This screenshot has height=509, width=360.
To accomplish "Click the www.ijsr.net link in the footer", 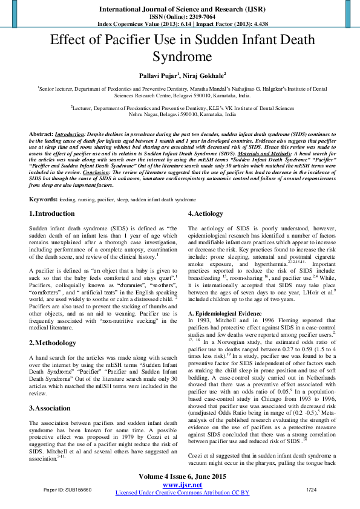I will coord(182,484).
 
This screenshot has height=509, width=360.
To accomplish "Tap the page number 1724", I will coord(312,489).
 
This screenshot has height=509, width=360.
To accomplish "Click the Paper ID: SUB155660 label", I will coord(67,489).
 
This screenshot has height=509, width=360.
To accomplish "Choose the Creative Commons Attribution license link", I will coord(182,493).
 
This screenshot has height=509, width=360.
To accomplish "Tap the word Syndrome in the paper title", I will coord(180,58).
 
